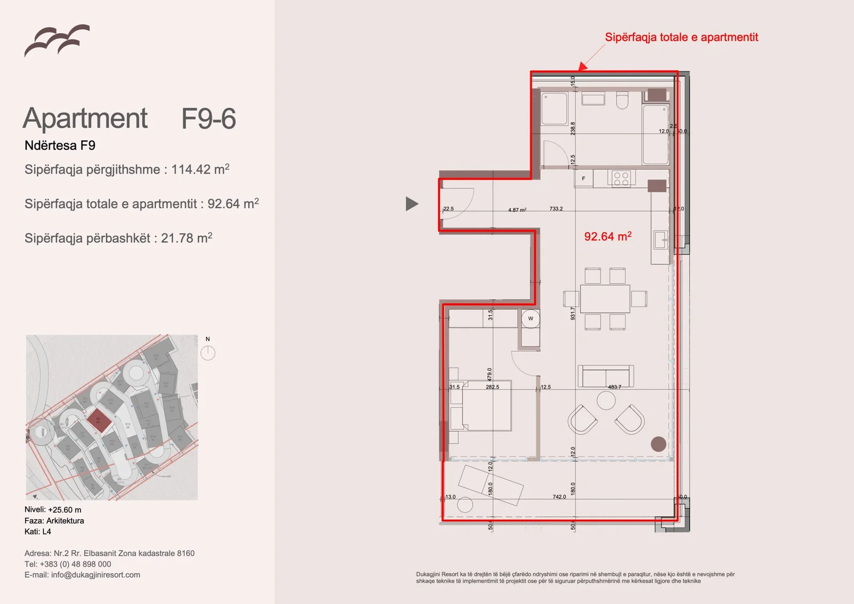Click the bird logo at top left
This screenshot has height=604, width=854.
pos(57,40)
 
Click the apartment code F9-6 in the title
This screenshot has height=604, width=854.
pos(208,119)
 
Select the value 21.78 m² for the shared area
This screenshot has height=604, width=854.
pos(186,238)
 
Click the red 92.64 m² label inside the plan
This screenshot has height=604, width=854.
pos(607,236)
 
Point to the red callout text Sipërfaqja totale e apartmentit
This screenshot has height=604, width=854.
pos(681,37)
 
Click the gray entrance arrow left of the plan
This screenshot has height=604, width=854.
pos(411,203)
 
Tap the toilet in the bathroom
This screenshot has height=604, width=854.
pos(622,100)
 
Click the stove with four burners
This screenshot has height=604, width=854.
pos(621,178)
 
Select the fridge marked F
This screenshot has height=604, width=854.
pos(583,178)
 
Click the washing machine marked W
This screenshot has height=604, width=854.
pos(531,319)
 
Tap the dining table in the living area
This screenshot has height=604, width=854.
pos(605,299)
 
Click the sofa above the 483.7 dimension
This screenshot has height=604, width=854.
pos(605,375)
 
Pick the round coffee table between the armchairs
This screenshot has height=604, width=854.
pos(606,400)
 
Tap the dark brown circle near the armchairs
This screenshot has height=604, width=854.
pos(658,444)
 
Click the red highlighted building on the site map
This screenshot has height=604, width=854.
pos(99,421)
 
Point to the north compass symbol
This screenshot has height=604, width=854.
pos(208,352)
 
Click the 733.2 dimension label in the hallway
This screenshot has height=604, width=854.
pos(556,209)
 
